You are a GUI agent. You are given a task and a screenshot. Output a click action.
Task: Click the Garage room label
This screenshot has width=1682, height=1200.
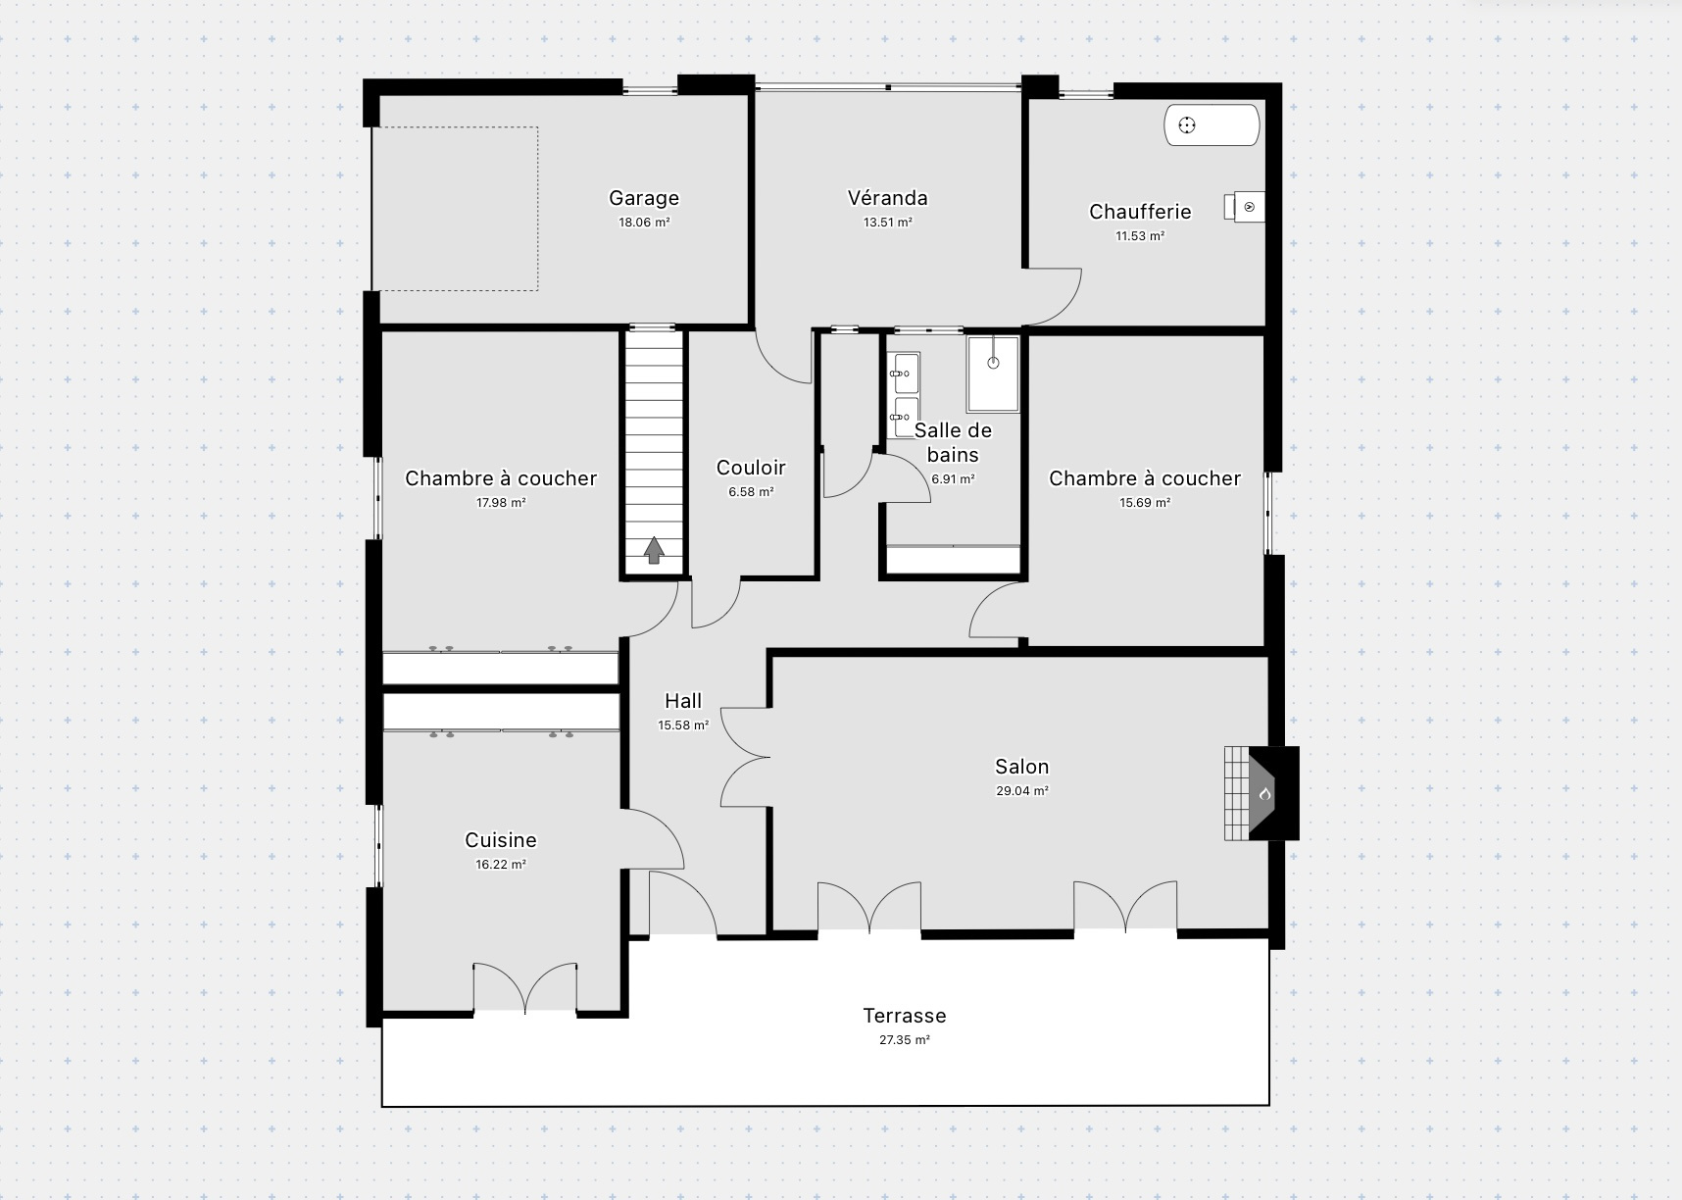644,198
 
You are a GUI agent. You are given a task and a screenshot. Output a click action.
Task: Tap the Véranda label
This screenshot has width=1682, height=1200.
888,198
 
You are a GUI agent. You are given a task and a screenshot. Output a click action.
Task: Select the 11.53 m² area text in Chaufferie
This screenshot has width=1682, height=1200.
1140,236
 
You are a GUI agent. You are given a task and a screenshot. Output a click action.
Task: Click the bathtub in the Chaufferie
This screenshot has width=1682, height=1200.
1212,125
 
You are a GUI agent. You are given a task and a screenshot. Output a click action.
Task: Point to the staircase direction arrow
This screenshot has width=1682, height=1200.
654,550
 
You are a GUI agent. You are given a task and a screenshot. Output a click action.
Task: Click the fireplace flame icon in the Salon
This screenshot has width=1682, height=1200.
1264,794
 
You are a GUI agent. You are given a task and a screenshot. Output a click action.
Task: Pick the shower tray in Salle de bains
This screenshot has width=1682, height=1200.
993,374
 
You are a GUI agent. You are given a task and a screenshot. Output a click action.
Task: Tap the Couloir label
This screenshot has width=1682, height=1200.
751,468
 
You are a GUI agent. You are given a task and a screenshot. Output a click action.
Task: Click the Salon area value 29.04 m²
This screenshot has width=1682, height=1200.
1022,791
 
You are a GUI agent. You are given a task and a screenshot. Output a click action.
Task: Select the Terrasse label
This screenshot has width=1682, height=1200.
905,1016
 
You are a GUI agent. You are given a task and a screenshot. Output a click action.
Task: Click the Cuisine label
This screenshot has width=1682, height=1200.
501,840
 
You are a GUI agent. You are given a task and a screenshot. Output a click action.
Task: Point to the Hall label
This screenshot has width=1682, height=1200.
683,701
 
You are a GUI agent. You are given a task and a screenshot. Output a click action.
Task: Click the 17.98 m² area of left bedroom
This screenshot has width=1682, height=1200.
501,503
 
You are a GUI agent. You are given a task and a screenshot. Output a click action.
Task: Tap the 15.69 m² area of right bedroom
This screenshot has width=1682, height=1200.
1145,503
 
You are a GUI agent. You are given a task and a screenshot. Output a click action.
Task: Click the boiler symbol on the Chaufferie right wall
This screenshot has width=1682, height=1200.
1244,207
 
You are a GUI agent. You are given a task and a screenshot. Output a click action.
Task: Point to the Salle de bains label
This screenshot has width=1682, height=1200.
953,442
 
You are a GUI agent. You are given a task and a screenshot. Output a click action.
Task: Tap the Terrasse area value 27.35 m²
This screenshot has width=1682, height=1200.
905,1040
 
